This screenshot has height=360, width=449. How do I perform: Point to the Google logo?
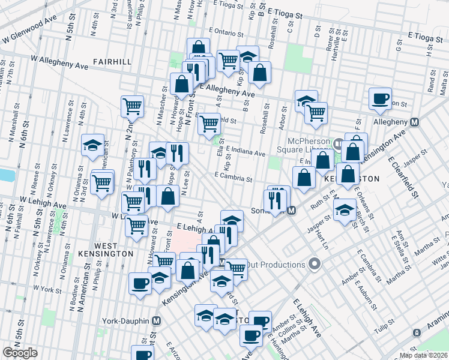click(x=20, y=353)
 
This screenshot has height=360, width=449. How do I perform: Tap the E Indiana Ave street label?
click(x=246, y=153)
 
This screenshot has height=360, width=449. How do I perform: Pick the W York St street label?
click(x=48, y=289)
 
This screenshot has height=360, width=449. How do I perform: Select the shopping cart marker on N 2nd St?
click(x=132, y=107)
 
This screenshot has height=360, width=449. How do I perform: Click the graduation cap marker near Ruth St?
click(x=345, y=211)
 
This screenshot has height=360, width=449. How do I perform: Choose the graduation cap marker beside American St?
click(x=93, y=145)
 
